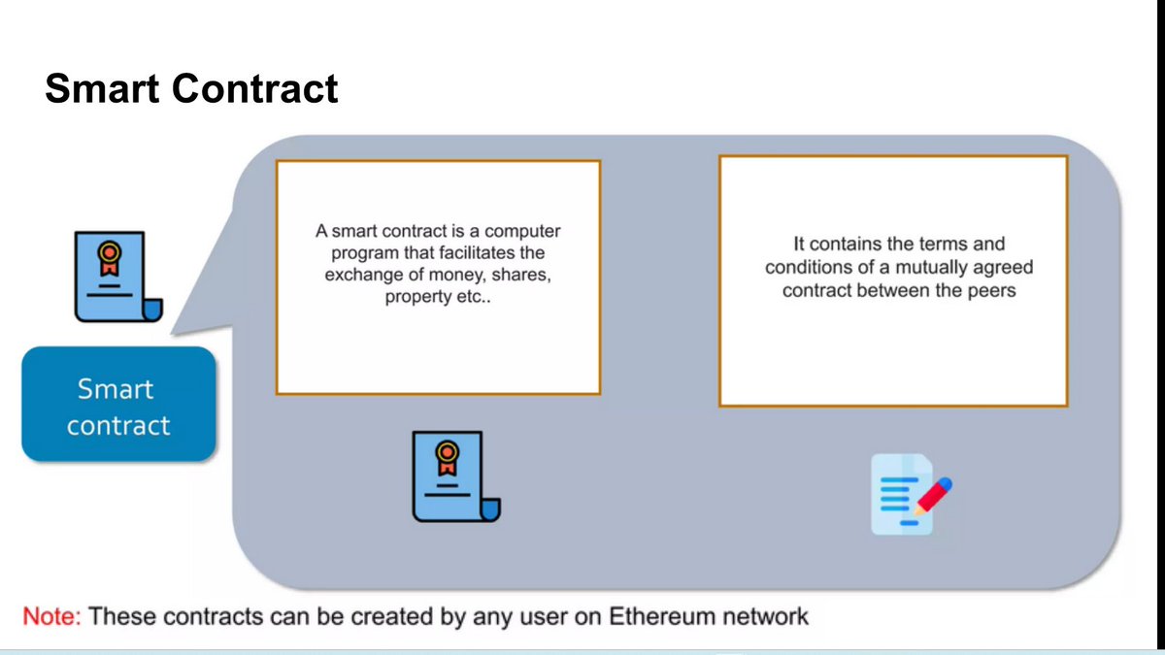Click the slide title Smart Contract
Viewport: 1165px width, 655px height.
click(191, 89)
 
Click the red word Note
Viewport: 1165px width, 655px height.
click(53, 616)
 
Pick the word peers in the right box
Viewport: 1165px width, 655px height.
click(991, 289)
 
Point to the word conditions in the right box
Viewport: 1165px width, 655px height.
click(806, 267)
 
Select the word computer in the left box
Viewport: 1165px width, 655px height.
click(522, 232)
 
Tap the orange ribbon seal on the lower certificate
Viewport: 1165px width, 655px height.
click(447, 455)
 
